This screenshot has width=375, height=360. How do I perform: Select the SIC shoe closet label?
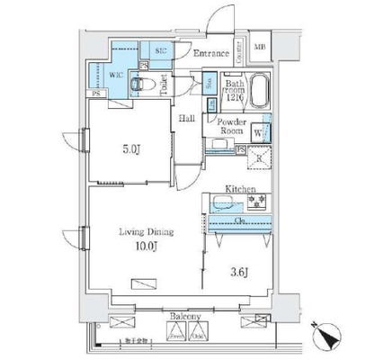(x=161, y=52)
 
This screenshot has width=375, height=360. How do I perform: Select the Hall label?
(x=187, y=118)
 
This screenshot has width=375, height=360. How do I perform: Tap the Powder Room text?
(x=230, y=129)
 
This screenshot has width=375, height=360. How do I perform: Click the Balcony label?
(x=185, y=318)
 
